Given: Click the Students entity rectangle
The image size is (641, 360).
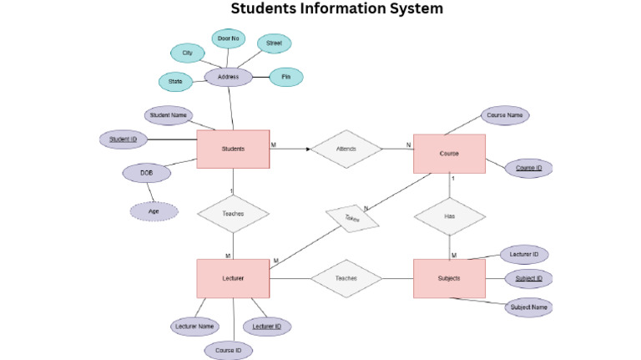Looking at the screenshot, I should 233,150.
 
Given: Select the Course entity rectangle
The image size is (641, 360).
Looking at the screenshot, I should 449,154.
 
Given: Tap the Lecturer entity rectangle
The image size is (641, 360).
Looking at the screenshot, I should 233,278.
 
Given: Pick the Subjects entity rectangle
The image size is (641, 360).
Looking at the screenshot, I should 449,278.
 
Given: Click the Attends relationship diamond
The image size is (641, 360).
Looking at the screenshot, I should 346,149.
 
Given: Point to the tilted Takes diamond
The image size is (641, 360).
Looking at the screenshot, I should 351,219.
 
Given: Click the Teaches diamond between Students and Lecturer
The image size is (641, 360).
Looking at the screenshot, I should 233,213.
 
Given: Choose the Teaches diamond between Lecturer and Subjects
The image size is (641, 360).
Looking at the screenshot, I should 346,278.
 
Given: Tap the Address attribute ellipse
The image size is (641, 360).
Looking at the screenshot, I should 229,77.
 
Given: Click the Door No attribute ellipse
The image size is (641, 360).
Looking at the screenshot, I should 228,38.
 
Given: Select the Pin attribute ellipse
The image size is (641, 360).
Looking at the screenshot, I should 285,77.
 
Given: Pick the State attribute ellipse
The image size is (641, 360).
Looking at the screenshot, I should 175,82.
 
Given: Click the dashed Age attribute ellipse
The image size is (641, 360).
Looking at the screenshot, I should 154,211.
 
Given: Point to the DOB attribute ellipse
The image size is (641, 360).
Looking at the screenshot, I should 146,173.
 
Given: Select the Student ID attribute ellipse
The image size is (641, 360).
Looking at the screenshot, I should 124,139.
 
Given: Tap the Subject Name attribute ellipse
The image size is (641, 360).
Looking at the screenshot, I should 527,307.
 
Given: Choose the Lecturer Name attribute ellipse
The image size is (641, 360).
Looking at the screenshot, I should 195,326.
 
